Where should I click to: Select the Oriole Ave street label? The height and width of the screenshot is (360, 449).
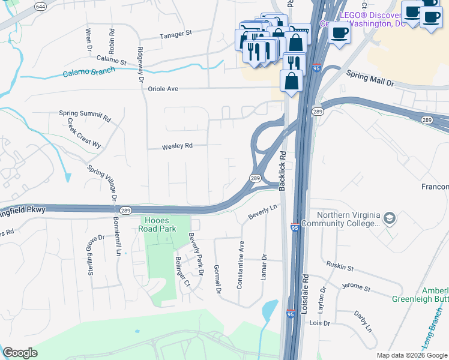point(163,89)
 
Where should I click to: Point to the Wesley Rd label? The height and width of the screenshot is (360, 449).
point(177,146)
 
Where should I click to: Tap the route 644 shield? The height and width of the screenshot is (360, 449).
point(40,7)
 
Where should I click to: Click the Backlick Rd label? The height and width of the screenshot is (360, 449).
point(282,170)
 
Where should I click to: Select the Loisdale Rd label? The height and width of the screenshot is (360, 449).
point(306,292)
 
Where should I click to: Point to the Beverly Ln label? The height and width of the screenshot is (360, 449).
point(265,211)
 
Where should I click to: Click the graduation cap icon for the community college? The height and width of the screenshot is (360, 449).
point(390,217)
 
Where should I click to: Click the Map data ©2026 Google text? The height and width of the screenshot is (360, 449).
point(411,355)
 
